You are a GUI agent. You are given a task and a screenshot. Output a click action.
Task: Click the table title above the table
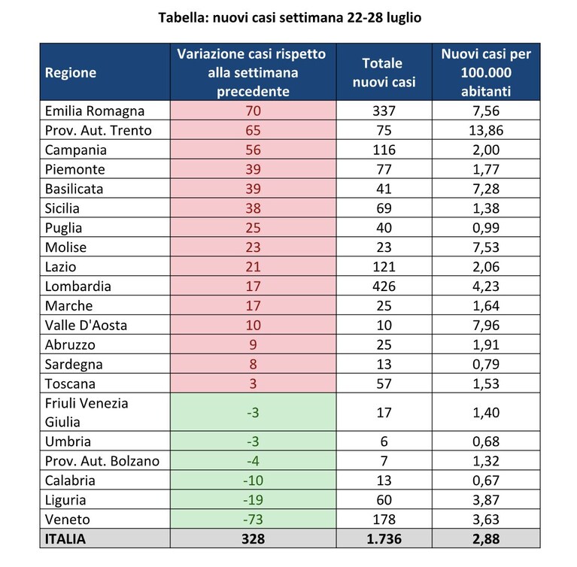290,17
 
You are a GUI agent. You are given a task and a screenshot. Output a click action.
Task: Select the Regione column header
70,72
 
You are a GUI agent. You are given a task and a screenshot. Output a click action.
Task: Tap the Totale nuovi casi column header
384,72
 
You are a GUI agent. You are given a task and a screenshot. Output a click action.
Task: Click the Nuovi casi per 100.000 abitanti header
486,72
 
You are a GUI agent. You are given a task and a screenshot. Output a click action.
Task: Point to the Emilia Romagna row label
95,111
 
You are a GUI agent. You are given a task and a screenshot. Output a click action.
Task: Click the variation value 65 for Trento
253,130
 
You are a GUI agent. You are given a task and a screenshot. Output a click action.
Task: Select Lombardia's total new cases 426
384,286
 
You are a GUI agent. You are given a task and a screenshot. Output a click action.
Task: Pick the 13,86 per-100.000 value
486,130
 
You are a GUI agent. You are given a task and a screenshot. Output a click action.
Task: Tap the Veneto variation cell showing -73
253,519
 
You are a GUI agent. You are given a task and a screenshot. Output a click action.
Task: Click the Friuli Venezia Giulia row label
87,412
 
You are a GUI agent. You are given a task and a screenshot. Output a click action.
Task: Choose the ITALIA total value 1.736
384,538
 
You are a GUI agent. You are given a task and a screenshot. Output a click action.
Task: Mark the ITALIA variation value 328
253,538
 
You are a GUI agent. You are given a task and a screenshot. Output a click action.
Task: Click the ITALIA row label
65,538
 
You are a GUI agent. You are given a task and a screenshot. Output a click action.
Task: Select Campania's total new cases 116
384,150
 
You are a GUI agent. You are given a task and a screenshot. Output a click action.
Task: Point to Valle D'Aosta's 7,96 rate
486,326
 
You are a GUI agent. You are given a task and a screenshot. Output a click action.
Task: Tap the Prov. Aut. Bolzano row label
102,461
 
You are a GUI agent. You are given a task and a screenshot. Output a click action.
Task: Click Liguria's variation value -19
253,499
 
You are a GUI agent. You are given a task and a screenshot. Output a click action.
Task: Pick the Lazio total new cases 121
384,266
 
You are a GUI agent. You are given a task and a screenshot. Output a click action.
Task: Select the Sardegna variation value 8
253,364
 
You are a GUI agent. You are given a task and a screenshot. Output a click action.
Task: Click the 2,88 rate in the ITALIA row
486,538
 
